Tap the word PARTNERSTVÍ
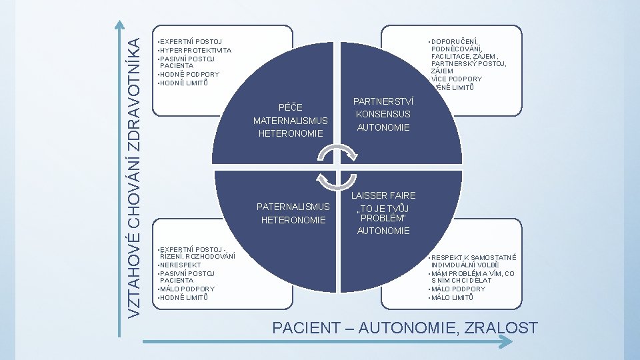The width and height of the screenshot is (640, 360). point(383,101)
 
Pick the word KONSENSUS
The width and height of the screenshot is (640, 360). point(383,114)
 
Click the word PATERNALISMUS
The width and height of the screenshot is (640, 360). point(293,206)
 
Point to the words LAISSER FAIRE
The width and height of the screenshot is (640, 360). point(383,195)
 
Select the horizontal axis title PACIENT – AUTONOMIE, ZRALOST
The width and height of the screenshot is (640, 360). point(406,327)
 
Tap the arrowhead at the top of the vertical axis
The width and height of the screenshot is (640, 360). point(119,25)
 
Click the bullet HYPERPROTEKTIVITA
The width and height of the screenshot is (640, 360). point(195,50)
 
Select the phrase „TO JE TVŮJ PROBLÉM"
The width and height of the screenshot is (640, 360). point(383,213)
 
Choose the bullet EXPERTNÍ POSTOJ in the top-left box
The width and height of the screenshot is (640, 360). point(191,42)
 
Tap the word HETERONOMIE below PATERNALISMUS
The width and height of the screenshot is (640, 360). point(293,220)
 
